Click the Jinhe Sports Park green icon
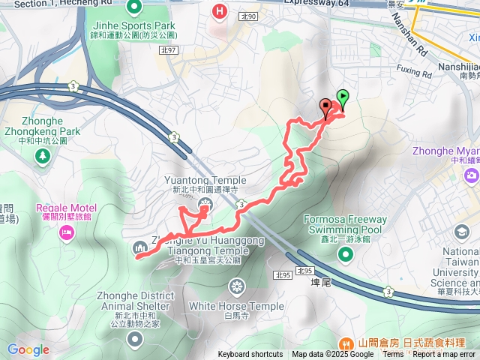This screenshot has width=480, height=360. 135,9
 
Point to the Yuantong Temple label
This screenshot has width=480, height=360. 198,180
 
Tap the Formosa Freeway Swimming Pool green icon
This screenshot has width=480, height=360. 346,254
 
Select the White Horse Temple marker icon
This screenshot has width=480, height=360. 237,286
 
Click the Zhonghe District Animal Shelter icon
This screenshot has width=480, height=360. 135,340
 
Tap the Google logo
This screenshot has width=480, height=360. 28,349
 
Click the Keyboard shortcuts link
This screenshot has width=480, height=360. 250,355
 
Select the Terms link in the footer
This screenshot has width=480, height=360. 393,355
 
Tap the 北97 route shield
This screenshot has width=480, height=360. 170,50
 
